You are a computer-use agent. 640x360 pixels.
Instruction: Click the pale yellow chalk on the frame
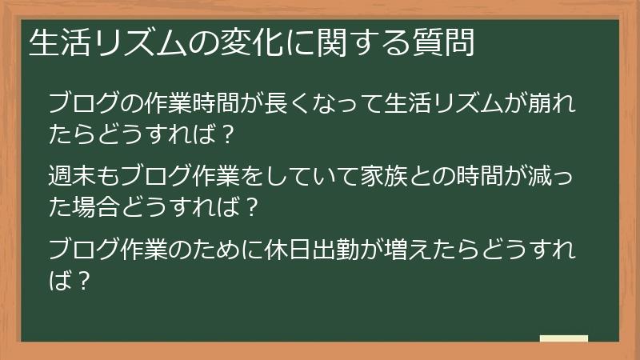tap(563, 338)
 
